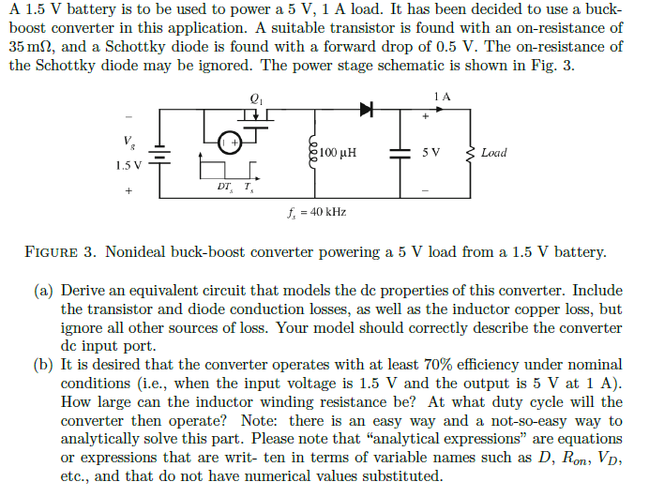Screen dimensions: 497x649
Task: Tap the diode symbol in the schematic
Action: pyautogui.click(x=367, y=109)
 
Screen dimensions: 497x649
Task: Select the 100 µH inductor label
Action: pyautogui.click(x=339, y=152)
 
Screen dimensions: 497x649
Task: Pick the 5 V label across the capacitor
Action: pyautogui.click(x=431, y=152)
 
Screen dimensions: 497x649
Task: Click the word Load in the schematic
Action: pyautogui.click(x=493, y=152)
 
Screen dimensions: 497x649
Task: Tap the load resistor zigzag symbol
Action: pyautogui.click(x=471, y=152)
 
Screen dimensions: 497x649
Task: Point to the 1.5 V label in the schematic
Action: pyautogui.click(x=128, y=166)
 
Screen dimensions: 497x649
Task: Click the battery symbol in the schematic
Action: pyautogui.click(x=159, y=153)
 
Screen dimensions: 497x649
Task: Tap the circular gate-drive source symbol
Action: pyautogui.click(x=230, y=143)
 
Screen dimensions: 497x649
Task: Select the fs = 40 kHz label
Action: pyautogui.click(x=317, y=212)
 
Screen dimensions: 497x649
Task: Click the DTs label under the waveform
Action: pyautogui.click(x=224, y=186)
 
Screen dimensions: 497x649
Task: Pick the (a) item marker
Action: pyautogui.click(x=44, y=291)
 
